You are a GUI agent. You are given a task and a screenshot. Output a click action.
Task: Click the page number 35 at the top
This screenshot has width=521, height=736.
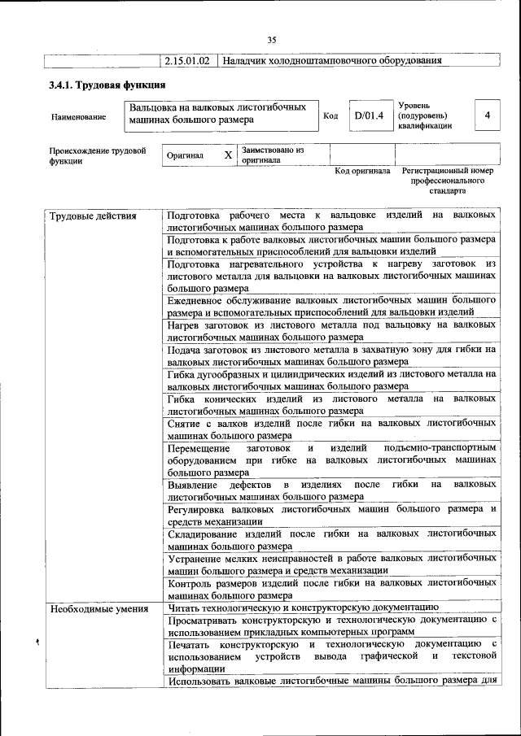(x=272, y=39)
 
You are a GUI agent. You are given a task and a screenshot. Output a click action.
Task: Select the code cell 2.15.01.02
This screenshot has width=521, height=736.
(x=188, y=61)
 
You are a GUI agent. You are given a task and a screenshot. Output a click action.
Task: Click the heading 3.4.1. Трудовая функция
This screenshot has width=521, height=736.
(x=107, y=85)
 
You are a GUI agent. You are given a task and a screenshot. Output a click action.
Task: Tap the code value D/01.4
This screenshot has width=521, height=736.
(x=368, y=116)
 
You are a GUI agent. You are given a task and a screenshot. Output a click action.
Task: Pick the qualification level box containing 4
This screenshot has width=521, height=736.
(x=487, y=115)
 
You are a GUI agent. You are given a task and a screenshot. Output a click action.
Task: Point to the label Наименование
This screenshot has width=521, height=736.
(x=78, y=117)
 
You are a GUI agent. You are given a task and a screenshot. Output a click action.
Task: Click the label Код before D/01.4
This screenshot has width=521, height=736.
(x=331, y=116)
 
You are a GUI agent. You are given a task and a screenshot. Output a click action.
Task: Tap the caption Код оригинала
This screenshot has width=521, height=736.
(x=363, y=172)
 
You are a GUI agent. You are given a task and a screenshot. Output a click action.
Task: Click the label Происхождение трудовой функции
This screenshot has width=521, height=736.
(x=97, y=155)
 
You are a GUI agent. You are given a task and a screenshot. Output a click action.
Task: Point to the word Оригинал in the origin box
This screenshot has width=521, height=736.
(x=185, y=155)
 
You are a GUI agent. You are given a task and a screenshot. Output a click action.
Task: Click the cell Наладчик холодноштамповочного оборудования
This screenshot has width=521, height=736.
(x=332, y=61)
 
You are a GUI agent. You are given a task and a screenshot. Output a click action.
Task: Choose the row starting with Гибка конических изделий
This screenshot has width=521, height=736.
(x=331, y=405)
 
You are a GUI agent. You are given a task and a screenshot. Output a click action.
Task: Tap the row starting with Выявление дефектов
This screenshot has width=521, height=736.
(x=331, y=490)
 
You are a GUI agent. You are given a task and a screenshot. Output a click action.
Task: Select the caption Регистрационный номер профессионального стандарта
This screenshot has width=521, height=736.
(x=448, y=181)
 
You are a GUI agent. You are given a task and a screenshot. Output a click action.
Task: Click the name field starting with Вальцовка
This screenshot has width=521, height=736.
(x=222, y=114)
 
